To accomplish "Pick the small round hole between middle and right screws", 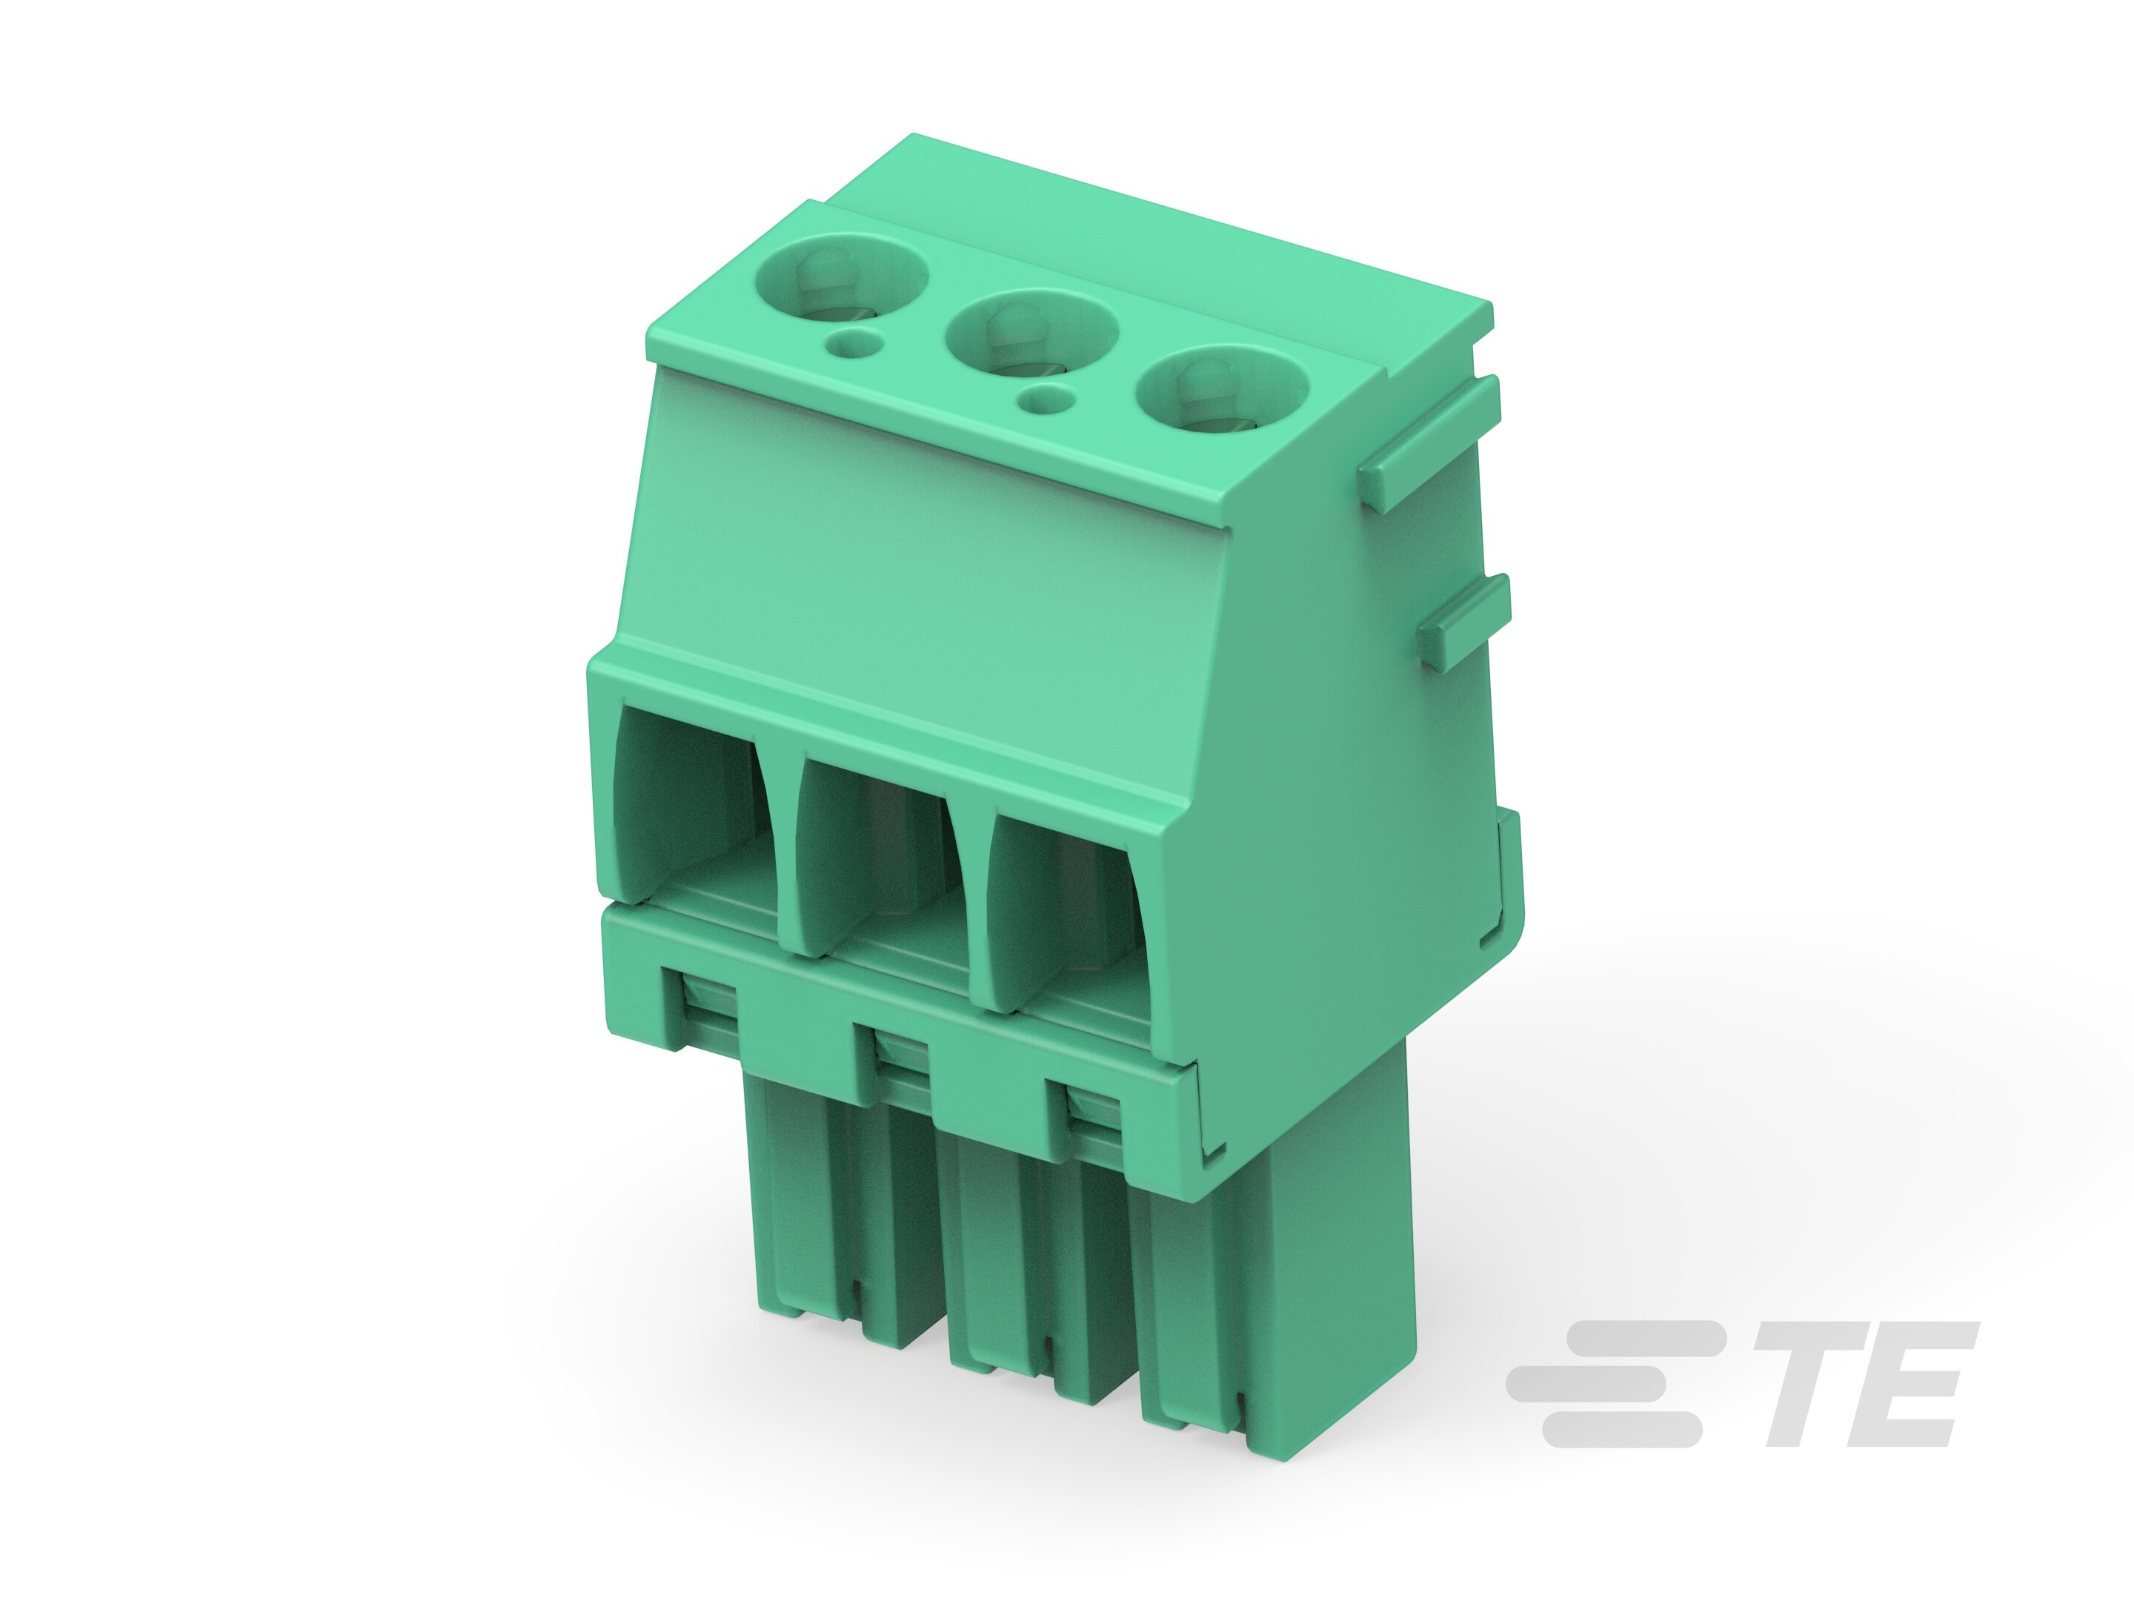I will click(x=1047, y=399).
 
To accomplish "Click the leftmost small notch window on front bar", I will click(x=706, y=1010).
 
